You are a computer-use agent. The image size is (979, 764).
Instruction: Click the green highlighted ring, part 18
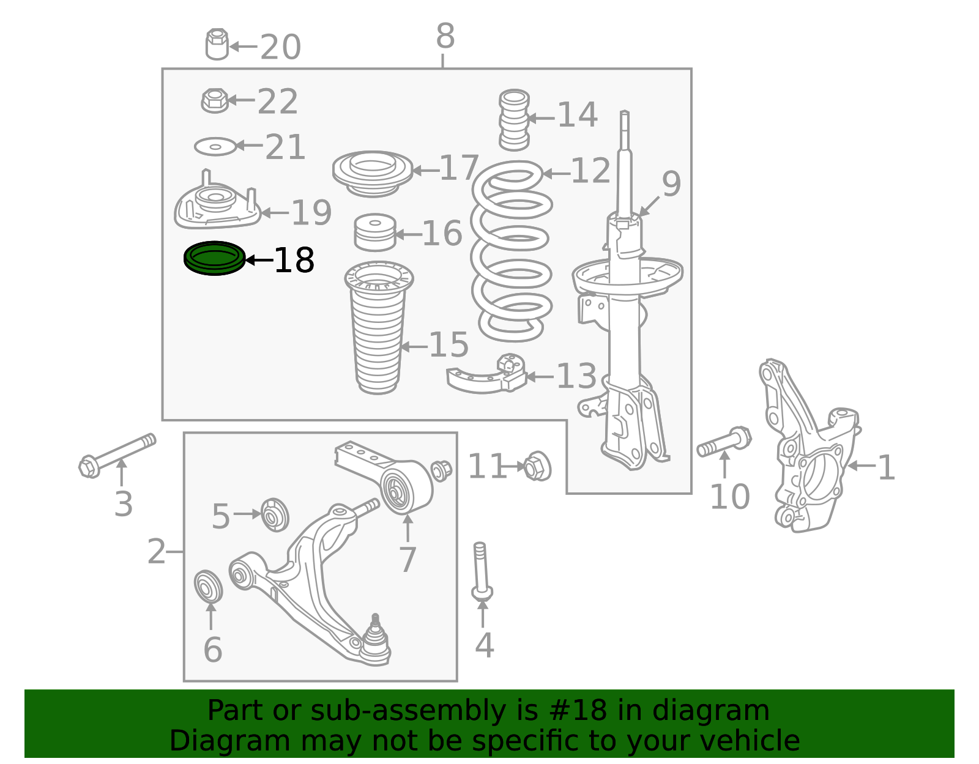[x=214, y=258]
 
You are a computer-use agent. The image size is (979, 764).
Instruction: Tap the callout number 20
[x=280, y=48]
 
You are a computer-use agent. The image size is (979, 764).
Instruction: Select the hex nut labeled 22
[x=214, y=101]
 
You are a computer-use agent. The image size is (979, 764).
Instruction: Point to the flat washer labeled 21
[x=215, y=147]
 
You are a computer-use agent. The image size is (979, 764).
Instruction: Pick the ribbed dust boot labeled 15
[x=378, y=330]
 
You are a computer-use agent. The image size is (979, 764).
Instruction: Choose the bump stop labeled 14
[x=514, y=120]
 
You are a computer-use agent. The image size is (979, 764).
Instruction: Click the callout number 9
[x=671, y=184]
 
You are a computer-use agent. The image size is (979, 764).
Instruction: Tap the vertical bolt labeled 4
[x=482, y=569]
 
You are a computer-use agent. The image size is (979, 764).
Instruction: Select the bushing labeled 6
[x=208, y=586]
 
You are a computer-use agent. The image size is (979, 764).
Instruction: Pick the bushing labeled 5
[x=275, y=514]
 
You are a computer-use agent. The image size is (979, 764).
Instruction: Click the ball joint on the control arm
[x=375, y=639]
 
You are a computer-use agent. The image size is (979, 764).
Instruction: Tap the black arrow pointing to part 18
[x=258, y=260]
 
